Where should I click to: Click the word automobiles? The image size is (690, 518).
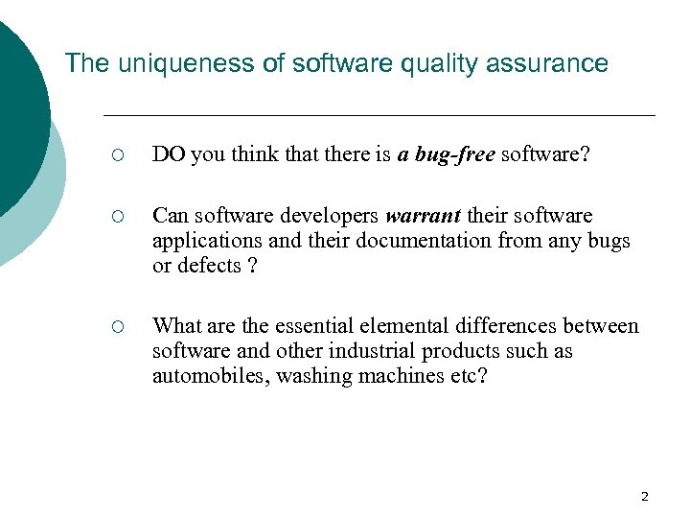pos(210,376)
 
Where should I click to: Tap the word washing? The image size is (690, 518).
pos(311,376)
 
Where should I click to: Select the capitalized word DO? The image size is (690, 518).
pos(169,156)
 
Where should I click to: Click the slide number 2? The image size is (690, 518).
pos(644,496)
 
